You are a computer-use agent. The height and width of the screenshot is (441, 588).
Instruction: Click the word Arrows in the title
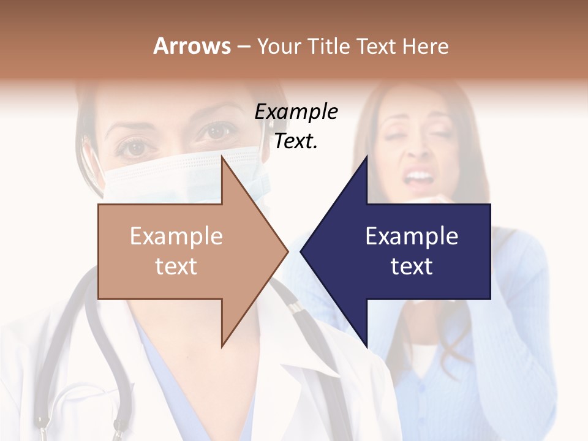tap(192, 46)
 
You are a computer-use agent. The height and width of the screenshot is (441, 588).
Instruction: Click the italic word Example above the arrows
tap(296, 112)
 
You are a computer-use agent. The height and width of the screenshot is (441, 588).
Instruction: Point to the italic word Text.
tap(296, 141)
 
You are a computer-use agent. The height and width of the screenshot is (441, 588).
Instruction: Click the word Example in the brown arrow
tap(176, 236)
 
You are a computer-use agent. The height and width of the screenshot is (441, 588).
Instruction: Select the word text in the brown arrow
tap(176, 266)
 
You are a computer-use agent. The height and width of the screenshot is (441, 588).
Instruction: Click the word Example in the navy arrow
tap(412, 236)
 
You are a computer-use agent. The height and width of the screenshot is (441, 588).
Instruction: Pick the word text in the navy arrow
tap(412, 266)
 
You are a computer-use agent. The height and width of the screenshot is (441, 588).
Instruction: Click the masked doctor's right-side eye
tap(217, 130)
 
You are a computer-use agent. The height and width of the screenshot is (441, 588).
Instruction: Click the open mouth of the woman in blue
tap(420, 178)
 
